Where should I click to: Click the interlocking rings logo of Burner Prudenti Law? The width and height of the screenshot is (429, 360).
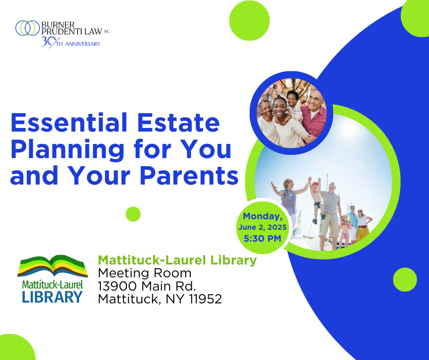(x=28, y=28)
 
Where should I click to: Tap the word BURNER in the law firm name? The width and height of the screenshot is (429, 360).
(x=58, y=25)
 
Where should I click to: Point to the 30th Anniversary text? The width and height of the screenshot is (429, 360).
(x=71, y=42)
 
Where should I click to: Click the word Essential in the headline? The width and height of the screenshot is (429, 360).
(x=68, y=122)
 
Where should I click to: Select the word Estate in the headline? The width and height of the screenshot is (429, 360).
(x=178, y=122)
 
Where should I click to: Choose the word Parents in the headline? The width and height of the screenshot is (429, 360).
(x=189, y=175)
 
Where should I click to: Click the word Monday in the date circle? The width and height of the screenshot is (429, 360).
(x=262, y=217)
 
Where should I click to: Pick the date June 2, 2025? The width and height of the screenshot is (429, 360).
(x=262, y=227)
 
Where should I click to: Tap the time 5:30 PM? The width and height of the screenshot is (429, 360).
(x=262, y=238)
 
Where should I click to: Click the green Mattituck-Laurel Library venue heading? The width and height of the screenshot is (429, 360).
(x=177, y=260)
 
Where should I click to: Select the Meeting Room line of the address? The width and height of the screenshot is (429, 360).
(x=145, y=273)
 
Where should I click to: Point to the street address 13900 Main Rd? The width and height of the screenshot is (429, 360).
(x=147, y=286)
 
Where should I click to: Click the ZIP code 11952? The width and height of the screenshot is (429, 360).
(x=205, y=299)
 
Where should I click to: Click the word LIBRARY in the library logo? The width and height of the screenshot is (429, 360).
(x=52, y=297)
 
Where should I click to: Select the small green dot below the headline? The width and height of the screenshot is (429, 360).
(x=133, y=214)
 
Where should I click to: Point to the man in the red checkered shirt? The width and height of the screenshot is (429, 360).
(x=314, y=115)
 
